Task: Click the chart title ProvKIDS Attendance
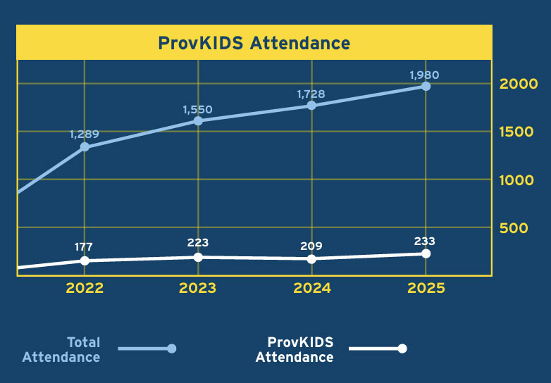[254, 43]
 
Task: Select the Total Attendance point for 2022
[85, 146]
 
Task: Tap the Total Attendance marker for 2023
[198, 120]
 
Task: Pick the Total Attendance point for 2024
[311, 106]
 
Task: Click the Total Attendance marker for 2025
[426, 86]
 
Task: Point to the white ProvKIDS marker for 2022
[85, 260]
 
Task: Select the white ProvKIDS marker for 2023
[198, 257]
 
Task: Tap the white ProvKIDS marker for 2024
[311, 259]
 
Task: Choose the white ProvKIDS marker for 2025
[426, 253]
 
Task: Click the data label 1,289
[84, 134]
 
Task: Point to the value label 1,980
[425, 74]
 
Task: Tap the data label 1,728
[311, 93]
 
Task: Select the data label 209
[311, 246]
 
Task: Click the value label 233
[425, 241]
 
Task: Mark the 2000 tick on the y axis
[518, 84]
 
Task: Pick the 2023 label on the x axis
[198, 288]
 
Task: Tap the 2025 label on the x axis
[426, 288]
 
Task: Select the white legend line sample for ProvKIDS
[377, 349]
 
